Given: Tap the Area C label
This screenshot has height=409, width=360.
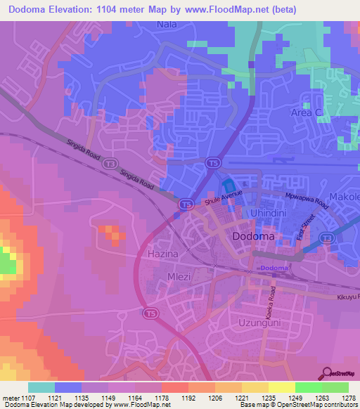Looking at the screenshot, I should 307,112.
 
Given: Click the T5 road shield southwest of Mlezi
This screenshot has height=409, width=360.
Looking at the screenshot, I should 149,312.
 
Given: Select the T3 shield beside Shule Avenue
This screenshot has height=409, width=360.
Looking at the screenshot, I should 185,204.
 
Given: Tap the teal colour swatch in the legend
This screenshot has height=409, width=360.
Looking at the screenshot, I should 41,387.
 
